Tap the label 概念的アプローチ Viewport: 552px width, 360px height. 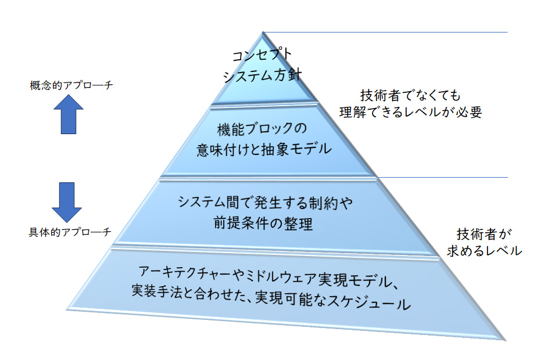coord(71,86)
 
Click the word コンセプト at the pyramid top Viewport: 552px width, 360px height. coord(261,57)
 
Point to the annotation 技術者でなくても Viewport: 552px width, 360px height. coord(410,95)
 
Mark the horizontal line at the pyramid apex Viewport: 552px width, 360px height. coord(386,32)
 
